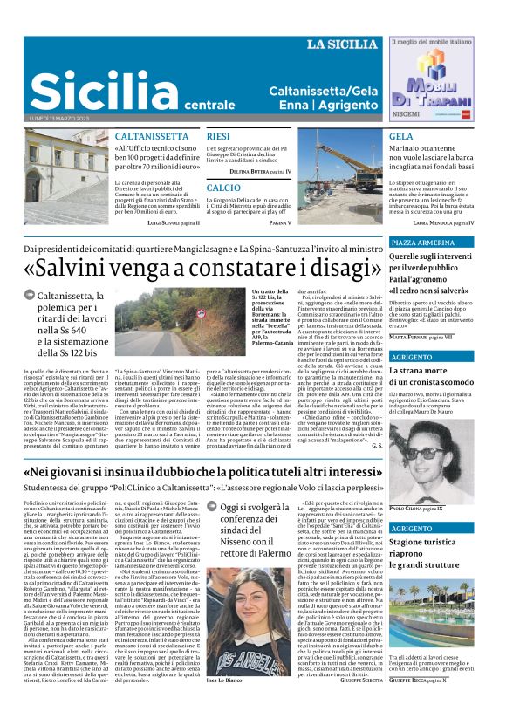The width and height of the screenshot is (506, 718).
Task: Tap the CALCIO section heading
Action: (x=223, y=188)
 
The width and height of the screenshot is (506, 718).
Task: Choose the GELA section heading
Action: (x=400, y=137)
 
